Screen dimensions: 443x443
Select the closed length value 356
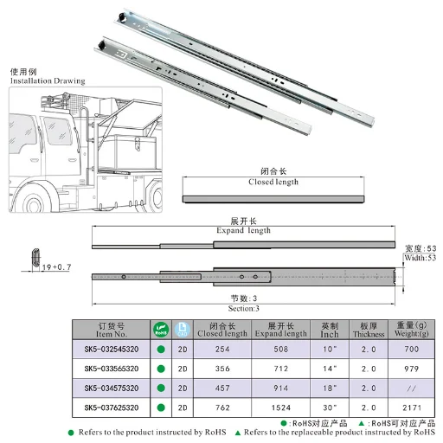coord(222,369)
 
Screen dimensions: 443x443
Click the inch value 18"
coord(330,388)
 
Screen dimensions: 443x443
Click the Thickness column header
coord(369,330)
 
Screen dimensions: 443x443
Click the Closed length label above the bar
coord(273,182)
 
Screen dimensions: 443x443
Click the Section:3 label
coord(244,307)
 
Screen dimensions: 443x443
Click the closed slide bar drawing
coord(274,198)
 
